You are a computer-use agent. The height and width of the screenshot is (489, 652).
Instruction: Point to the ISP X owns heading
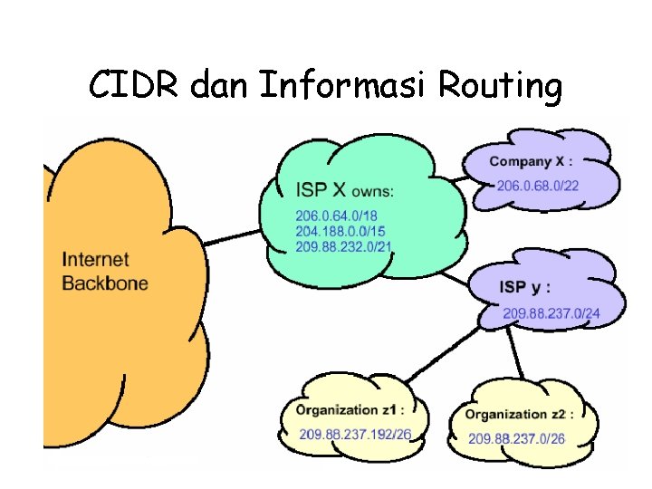pos(345,190)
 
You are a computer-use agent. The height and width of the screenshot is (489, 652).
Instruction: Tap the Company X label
pos(532,162)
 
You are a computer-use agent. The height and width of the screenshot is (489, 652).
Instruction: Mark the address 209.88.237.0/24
pos(551,314)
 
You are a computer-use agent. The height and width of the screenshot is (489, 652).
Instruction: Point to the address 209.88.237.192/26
pos(355,435)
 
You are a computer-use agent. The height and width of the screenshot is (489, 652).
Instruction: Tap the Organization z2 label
pos(520,415)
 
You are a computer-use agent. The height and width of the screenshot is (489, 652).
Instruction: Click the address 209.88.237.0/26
pos(516,439)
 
